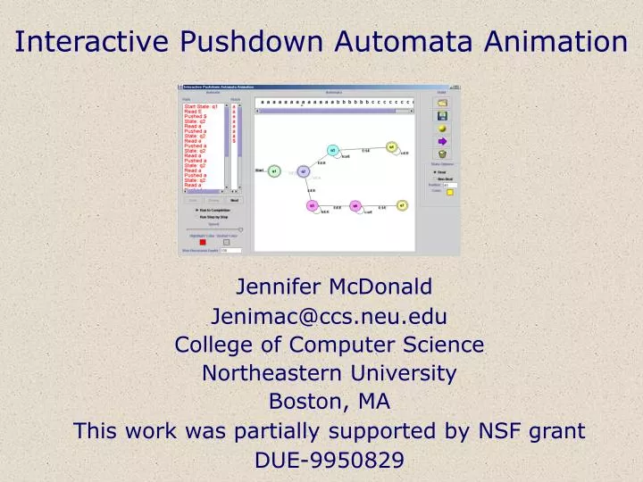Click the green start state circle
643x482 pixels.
tap(275, 170)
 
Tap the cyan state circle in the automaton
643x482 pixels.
tap(333, 151)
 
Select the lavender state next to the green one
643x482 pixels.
tap(303, 170)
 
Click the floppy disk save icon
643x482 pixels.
tap(441, 115)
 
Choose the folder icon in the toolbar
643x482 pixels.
tap(441, 103)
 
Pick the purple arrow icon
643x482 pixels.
tap(441, 140)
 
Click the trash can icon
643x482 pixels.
tap(441, 153)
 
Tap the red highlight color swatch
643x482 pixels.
tap(203, 242)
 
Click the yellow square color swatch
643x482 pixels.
tap(450, 191)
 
